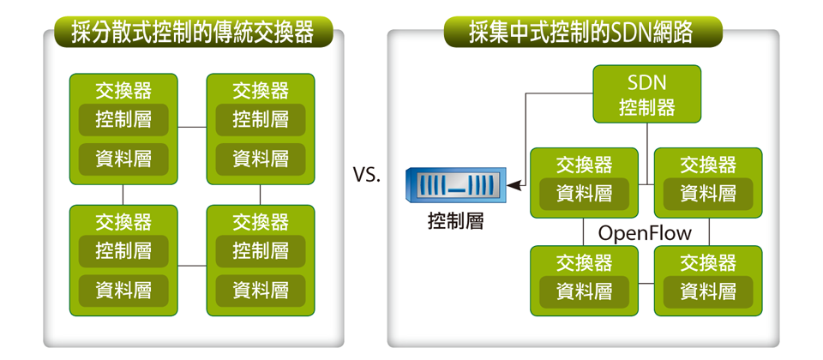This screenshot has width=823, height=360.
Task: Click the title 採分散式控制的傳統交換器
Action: [193, 33]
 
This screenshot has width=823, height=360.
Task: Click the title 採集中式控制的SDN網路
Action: [581, 33]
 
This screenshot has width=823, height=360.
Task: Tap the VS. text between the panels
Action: [366, 175]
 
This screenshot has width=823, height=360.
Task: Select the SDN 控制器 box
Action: [646, 94]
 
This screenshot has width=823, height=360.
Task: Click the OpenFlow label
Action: [645, 233]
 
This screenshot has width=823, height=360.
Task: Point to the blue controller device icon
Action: [455, 186]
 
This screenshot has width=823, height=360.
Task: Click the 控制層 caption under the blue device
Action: [455, 222]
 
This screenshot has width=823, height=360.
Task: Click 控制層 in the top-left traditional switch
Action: [123, 120]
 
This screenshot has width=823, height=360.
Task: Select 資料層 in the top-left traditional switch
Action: [123, 159]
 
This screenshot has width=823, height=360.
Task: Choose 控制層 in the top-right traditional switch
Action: [261, 120]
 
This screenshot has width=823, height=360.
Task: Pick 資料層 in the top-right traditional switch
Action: [261, 159]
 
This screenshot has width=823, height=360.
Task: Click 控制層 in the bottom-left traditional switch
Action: [123, 251]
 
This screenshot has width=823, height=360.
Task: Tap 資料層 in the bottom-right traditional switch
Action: [261, 291]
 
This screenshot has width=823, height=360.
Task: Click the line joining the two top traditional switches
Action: [192, 127]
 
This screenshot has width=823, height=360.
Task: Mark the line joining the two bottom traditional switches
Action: [192, 266]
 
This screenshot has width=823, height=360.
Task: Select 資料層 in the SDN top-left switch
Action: [584, 194]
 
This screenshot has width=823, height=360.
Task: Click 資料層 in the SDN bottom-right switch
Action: [708, 291]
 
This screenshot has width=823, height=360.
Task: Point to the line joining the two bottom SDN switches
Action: [646, 284]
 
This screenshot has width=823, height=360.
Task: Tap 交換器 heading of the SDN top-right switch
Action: [708, 165]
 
